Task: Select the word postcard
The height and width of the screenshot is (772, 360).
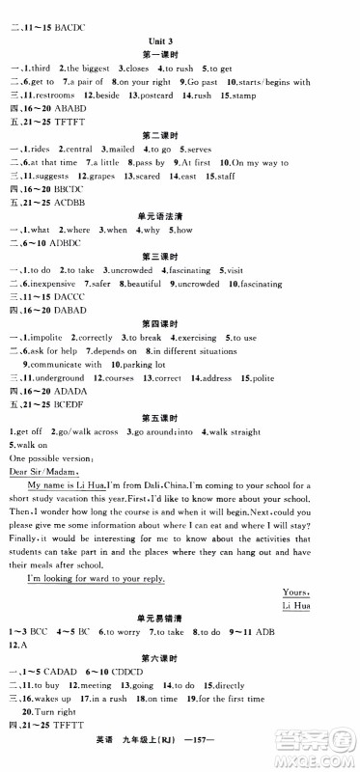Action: [158, 97]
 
